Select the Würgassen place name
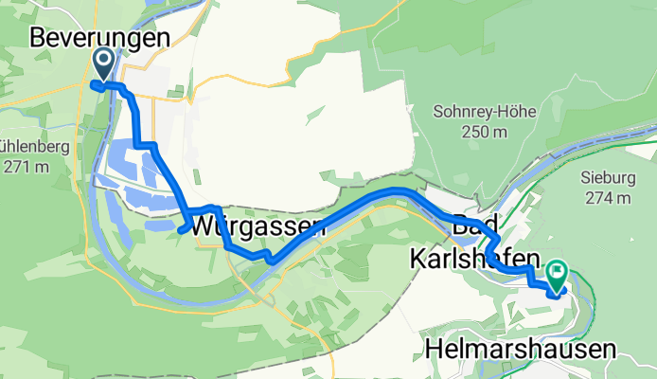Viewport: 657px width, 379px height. pos(257,227)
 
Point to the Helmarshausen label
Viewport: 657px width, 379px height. pos(522,350)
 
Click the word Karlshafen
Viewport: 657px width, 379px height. pos(475,258)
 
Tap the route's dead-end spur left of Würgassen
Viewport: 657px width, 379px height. pos(180,228)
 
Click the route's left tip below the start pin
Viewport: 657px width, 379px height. pos(94,84)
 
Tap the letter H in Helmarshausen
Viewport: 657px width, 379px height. pos(436,350)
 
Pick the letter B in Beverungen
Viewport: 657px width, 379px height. pos(39,37)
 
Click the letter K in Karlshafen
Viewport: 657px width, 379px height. pos(418,258)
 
